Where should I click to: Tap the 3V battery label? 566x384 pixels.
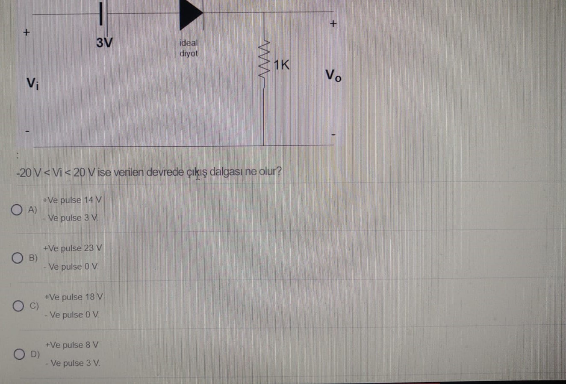[x=104, y=43]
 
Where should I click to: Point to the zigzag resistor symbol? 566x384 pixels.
[x=264, y=63]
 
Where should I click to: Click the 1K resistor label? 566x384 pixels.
[x=281, y=65]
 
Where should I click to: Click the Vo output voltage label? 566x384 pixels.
[x=333, y=76]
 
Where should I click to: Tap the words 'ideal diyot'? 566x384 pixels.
[x=189, y=48]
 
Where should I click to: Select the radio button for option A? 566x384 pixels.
[x=17, y=209]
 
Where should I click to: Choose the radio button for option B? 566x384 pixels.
[x=18, y=258]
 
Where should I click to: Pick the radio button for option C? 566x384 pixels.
[x=18, y=306]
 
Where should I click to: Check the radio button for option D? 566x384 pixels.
[x=19, y=354]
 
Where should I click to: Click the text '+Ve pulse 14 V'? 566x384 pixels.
[x=72, y=200]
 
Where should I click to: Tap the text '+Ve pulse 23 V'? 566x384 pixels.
[x=73, y=248]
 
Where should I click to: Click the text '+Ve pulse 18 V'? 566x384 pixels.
[x=74, y=297]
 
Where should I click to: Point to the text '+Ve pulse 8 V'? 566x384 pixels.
[x=72, y=345]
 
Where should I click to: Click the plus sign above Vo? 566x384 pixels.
[x=333, y=24]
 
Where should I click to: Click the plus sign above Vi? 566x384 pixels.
[x=27, y=32]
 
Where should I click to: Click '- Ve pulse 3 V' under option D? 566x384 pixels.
[x=73, y=364]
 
